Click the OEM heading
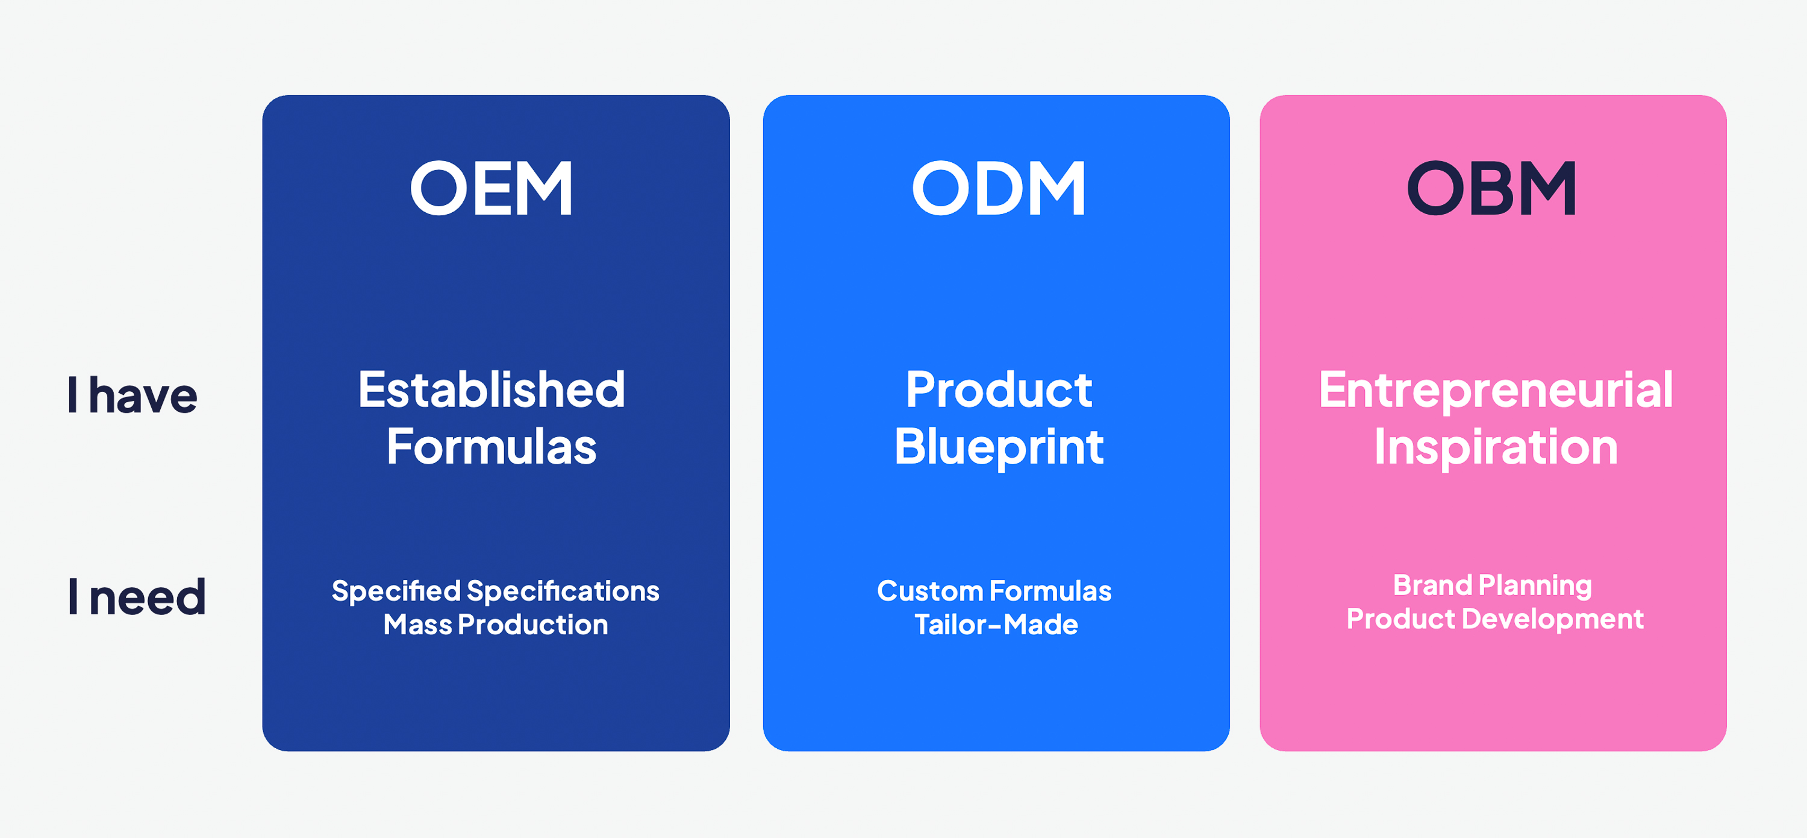(x=492, y=188)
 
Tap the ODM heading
(x=999, y=188)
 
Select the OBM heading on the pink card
(x=1492, y=188)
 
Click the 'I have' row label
(x=133, y=394)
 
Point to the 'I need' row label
(x=137, y=597)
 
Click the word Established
(x=492, y=389)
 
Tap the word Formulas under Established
(x=492, y=447)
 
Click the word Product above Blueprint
(x=999, y=389)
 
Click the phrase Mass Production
(x=496, y=625)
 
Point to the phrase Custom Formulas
(x=994, y=591)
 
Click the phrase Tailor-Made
(x=996, y=625)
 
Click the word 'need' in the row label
(x=148, y=597)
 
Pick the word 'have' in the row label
(x=144, y=394)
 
